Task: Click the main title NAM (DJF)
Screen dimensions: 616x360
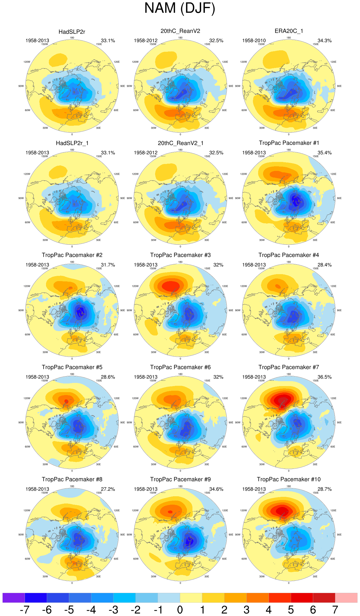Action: [x=180, y=8]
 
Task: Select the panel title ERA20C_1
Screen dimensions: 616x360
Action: [x=289, y=31]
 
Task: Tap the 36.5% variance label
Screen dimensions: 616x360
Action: [x=324, y=377]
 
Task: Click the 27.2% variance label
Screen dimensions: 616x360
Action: [x=108, y=489]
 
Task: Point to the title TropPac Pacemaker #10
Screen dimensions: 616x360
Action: [x=289, y=479]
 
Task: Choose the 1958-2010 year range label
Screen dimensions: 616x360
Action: [x=254, y=40]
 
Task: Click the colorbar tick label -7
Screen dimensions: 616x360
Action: [x=25, y=610]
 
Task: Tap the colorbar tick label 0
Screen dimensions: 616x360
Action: [x=180, y=610]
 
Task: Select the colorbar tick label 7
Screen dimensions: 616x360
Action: [x=335, y=610]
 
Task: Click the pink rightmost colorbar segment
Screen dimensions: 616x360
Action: [x=346, y=597]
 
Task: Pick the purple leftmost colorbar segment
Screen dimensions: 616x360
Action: [x=14, y=597]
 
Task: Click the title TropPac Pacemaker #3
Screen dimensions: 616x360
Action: [x=180, y=255]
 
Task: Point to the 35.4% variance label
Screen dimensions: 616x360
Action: [x=324, y=152]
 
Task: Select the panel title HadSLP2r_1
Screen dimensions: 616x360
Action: [x=72, y=143]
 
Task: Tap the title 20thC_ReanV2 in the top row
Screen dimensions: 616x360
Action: [x=180, y=31]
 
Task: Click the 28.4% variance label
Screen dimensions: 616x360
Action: [x=324, y=265]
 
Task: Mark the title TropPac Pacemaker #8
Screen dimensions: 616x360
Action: [x=72, y=479]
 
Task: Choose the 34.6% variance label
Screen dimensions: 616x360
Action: [x=216, y=489]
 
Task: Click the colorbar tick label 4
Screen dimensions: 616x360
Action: [x=269, y=610]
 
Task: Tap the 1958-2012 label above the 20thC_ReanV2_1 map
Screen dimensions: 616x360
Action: [x=146, y=152]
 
